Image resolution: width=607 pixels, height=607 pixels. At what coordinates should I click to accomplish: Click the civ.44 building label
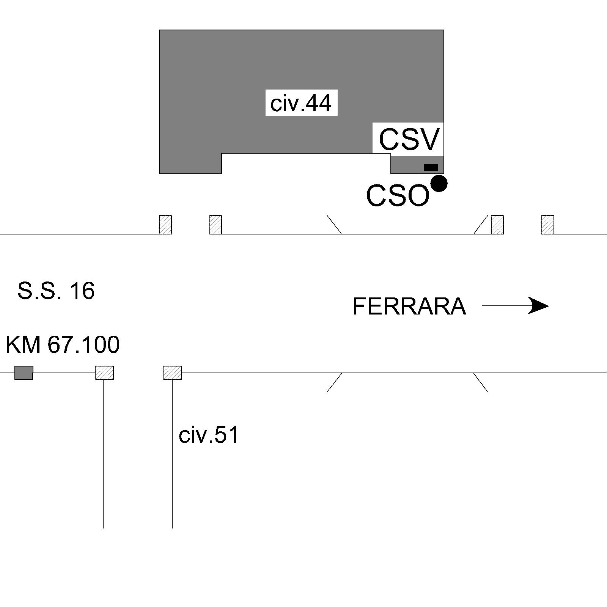tap(301, 103)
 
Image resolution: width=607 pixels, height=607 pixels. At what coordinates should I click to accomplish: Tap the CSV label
tap(409, 139)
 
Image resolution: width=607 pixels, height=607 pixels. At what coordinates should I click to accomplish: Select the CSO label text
tap(397, 196)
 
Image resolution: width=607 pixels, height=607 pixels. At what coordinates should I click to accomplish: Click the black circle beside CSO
tap(439, 184)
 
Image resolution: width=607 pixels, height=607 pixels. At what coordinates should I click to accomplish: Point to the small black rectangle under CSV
tap(431, 167)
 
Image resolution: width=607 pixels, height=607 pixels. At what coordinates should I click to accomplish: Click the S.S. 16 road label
tap(56, 291)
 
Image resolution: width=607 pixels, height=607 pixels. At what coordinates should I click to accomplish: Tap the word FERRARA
tap(409, 306)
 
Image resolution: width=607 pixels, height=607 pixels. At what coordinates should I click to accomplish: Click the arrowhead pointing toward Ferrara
tap(539, 306)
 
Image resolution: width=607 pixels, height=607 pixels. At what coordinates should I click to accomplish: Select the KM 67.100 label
tap(63, 344)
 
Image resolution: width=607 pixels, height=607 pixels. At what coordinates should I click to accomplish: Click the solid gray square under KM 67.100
tap(24, 373)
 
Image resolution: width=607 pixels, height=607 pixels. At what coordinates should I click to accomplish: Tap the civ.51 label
tap(209, 435)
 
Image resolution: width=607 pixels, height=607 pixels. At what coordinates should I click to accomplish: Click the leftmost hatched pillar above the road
tap(165, 225)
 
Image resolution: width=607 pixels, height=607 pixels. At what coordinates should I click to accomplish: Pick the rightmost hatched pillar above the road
tap(547, 225)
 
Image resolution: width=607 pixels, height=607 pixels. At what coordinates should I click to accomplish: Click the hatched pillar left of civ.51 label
tap(172, 373)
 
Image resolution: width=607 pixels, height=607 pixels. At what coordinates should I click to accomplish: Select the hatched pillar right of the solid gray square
tap(104, 373)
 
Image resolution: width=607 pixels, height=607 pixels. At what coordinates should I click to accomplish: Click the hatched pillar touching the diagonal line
tap(497, 225)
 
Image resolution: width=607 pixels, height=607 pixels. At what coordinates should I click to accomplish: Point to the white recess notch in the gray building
tap(306, 164)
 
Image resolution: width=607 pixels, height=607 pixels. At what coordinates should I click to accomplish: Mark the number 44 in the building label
tap(318, 103)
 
